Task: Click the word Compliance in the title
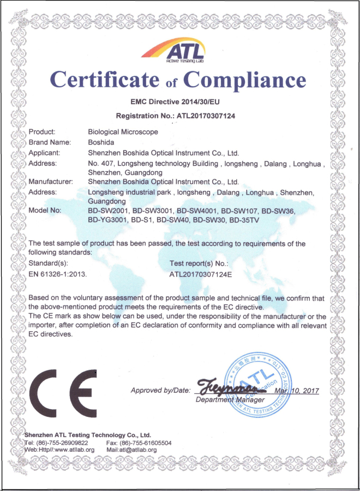[244, 80]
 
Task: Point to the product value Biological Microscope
[123, 132]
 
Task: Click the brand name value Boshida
[101, 142]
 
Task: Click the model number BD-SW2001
[107, 211]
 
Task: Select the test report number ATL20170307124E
[201, 273]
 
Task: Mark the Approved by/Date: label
[161, 391]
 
